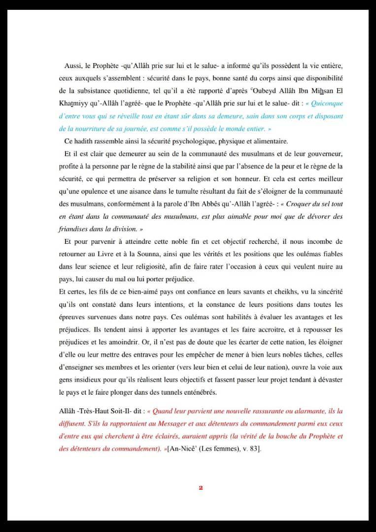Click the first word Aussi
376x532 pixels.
pyautogui.click(x=73, y=66)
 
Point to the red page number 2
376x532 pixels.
pyautogui.click(x=201, y=488)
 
